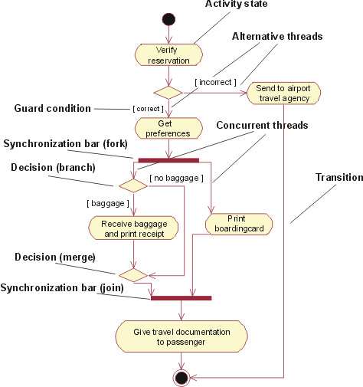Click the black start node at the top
(x=168, y=19)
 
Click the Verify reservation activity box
(x=168, y=54)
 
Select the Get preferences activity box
(x=168, y=128)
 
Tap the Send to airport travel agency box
(x=283, y=93)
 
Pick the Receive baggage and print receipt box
(x=134, y=228)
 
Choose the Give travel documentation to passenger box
(x=181, y=336)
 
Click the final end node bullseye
(x=181, y=377)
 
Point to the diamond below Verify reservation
(x=168, y=92)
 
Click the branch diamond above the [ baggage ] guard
(x=133, y=185)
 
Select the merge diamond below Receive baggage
(x=133, y=274)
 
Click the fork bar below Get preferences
(x=168, y=160)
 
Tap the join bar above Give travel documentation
(x=181, y=298)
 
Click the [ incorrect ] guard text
(x=215, y=81)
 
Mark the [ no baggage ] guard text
(x=176, y=179)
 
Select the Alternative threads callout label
(x=277, y=36)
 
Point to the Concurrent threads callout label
(x=263, y=125)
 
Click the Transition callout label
(x=339, y=177)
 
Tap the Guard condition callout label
(x=53, y=109)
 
